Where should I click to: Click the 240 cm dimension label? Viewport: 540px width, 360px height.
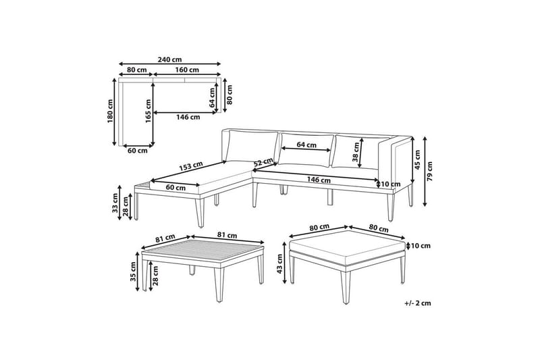click(170, 59)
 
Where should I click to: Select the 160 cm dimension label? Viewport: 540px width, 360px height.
click(187, 70)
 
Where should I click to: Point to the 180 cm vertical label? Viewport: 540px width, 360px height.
click(110, 112)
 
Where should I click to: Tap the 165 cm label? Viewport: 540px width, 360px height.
click(148, 111)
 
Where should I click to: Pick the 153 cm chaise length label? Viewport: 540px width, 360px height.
click(191, 166)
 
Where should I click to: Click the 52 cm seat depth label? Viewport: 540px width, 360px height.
click(263, 161)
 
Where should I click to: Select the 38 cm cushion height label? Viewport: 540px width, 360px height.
click(356, 152)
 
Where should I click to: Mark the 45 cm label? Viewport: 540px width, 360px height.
click(417, 160)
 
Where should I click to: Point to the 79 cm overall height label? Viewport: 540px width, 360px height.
click(429, 171)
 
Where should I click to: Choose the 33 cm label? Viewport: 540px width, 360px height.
click(115, 203)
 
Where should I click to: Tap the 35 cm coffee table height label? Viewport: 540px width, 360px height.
click(134, 272)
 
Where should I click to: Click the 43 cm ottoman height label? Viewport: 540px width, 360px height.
click(279, 263)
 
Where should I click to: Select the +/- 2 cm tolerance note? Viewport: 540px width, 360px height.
click(418, 303)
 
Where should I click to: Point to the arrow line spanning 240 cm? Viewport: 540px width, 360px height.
click(170, 63)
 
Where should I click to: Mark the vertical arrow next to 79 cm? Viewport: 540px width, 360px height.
click(425, 171)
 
